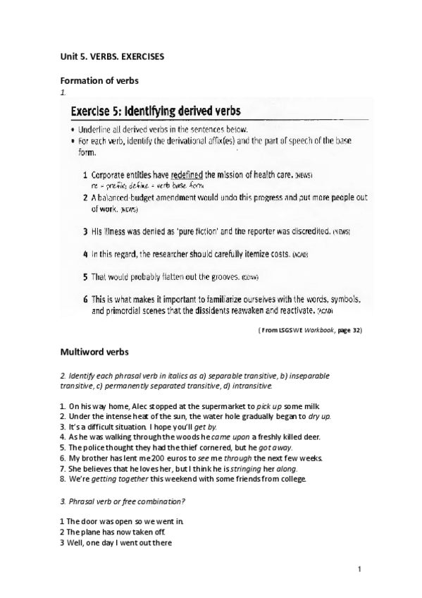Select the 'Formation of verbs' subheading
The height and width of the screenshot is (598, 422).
pyautogui.click(x=99, y=80)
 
